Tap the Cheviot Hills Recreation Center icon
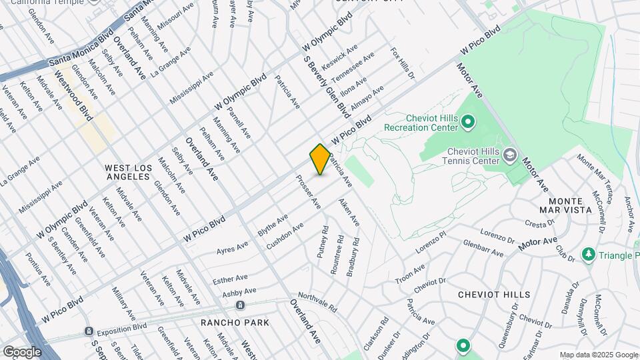(x=467, y=122)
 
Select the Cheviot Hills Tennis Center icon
(x=510, y=155)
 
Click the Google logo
(x=22, y=351)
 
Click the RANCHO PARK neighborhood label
(x=235, y=323)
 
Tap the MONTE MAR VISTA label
(x=570, y=205)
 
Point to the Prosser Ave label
(x=309, y=192)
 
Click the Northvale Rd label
(x=318, y=303)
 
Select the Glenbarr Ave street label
(x=483, y=248)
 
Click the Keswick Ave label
(x=340, y=57)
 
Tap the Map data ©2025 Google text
(x=599, y=355)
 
